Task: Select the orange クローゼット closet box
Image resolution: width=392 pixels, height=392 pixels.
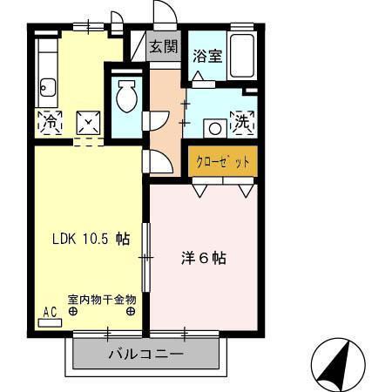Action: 222,161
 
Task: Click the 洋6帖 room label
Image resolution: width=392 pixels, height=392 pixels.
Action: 204,258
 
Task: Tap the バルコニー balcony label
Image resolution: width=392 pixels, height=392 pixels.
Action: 145,355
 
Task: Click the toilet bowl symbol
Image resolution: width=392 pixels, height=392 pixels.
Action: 125,98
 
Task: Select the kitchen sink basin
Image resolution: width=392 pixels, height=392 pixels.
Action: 48,87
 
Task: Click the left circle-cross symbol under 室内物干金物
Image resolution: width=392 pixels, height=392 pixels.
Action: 74,310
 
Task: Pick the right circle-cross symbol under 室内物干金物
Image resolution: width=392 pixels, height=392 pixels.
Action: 130,310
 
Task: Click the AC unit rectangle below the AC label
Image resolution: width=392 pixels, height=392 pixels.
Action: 50,321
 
